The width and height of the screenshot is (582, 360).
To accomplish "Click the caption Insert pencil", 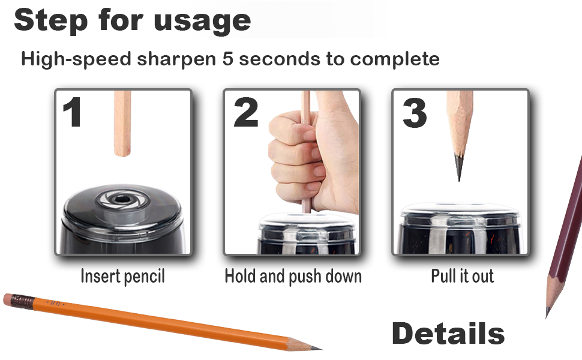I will click(122, 276).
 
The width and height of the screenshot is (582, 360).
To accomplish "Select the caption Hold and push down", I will click(293, 276).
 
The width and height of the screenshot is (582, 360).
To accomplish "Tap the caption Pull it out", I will click(462, 276).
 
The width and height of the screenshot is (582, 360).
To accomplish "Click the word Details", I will click(448, 334).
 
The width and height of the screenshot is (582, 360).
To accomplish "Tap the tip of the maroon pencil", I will click(548, 313).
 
